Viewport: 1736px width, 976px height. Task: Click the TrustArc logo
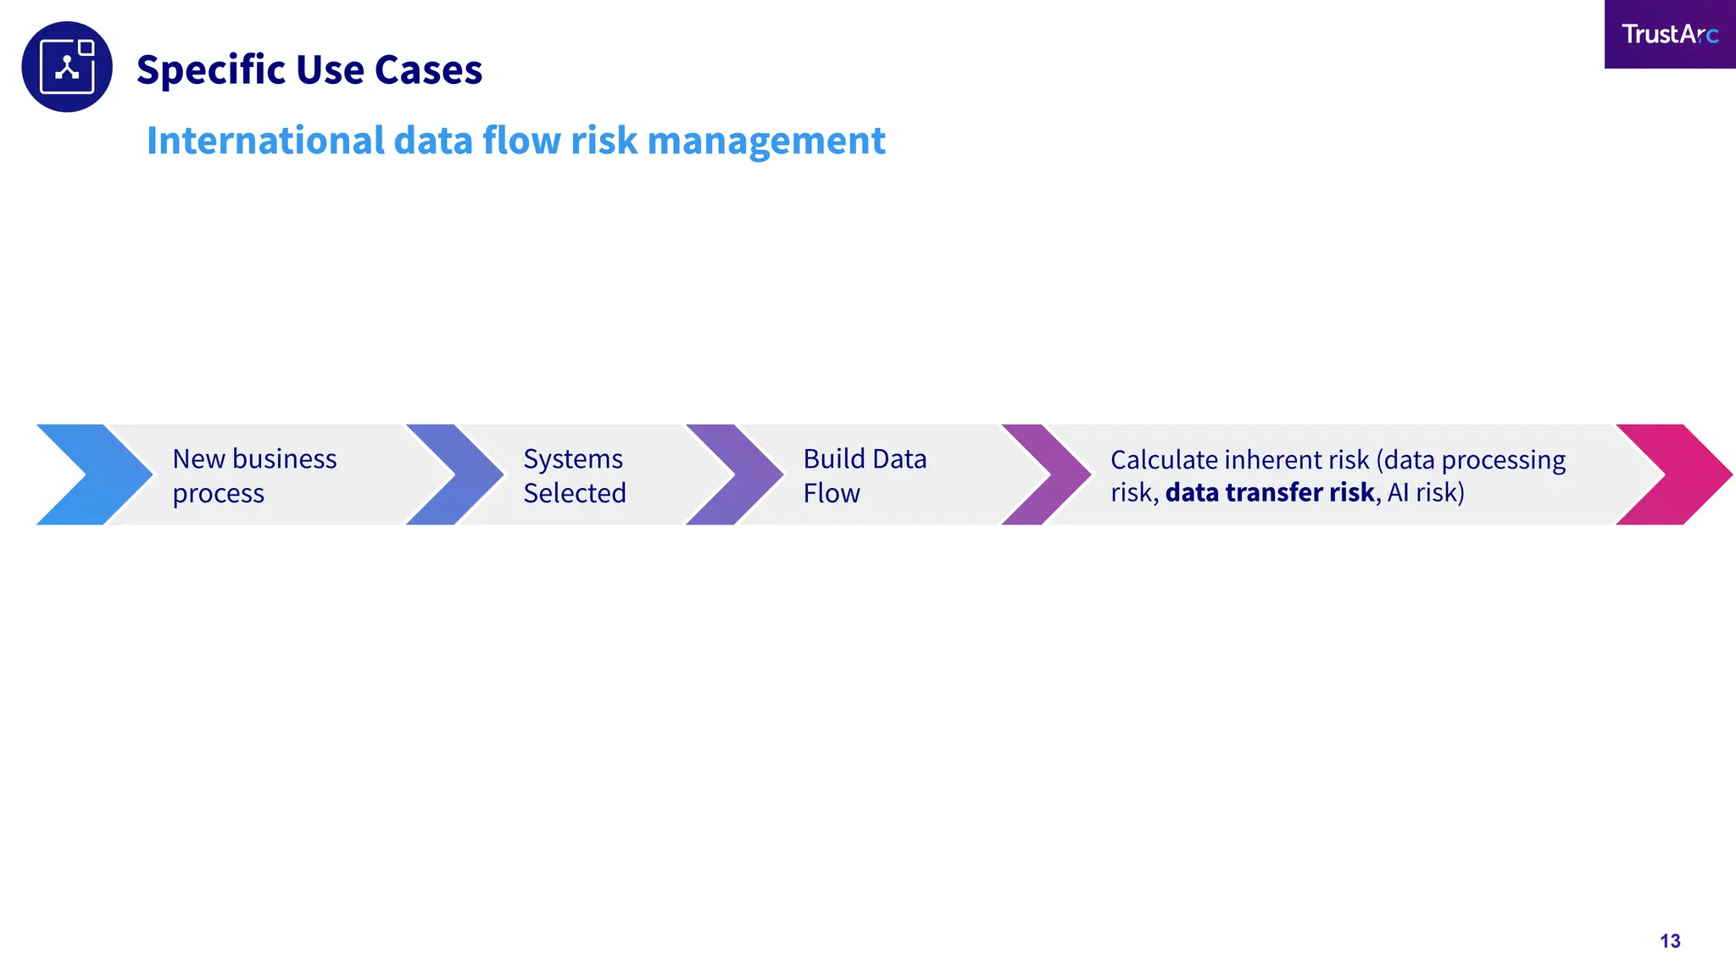(1669, 34)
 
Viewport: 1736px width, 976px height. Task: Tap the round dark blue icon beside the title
(67, 67)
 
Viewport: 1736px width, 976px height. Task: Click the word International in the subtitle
(265, 141)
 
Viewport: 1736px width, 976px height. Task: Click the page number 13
(1670, 941)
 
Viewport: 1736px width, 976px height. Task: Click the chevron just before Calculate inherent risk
(1048, 474)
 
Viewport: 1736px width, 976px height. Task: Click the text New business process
(254, 475)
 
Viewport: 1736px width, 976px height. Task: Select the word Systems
(573, 459)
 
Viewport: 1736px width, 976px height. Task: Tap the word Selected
(575, 493)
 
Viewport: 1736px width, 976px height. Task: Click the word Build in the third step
(834, 459)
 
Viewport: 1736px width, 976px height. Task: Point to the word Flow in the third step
(832, 493)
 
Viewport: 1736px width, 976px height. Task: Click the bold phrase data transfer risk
(1269, 492)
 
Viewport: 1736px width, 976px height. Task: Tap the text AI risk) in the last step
(1426, 492)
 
